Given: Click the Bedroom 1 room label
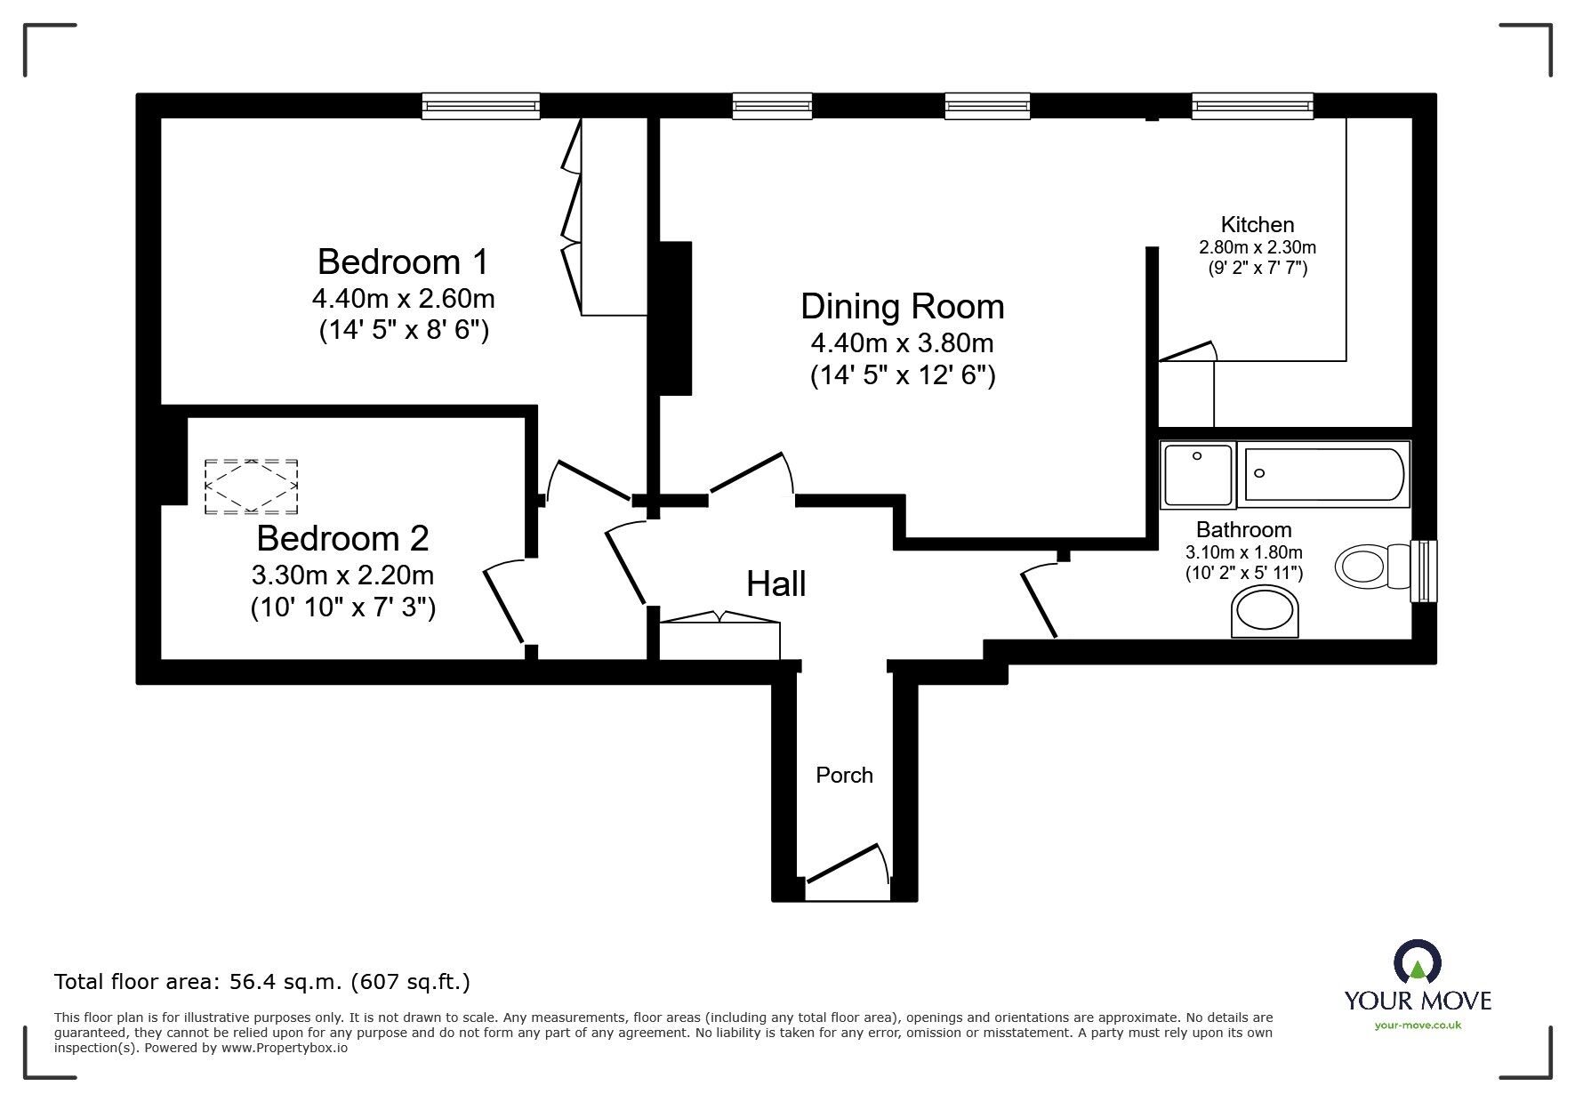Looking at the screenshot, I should click(403, 262).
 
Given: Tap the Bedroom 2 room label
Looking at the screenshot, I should click(342, 539).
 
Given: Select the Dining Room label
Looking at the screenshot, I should click(902, 307).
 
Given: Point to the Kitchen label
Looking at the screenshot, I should click(1257, 225).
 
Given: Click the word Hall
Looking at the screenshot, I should click(775, 584).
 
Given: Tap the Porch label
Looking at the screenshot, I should click(844, 776).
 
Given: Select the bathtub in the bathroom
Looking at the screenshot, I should click(1323, 474).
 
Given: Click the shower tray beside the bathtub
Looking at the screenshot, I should click(1198, 475).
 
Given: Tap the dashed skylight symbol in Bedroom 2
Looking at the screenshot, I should click(251, 487).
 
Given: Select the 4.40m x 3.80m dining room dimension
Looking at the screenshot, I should click(902, 342).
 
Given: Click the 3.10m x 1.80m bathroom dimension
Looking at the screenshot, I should click(1243, 553).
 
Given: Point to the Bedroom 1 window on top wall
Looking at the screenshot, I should click(481, 107).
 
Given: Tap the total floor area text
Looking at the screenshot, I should click(262, 982).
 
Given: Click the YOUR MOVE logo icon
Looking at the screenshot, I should click(1418, 963).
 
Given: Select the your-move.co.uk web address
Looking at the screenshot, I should click(1418, 1026).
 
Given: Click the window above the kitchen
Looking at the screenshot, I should click(1252, 107).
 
